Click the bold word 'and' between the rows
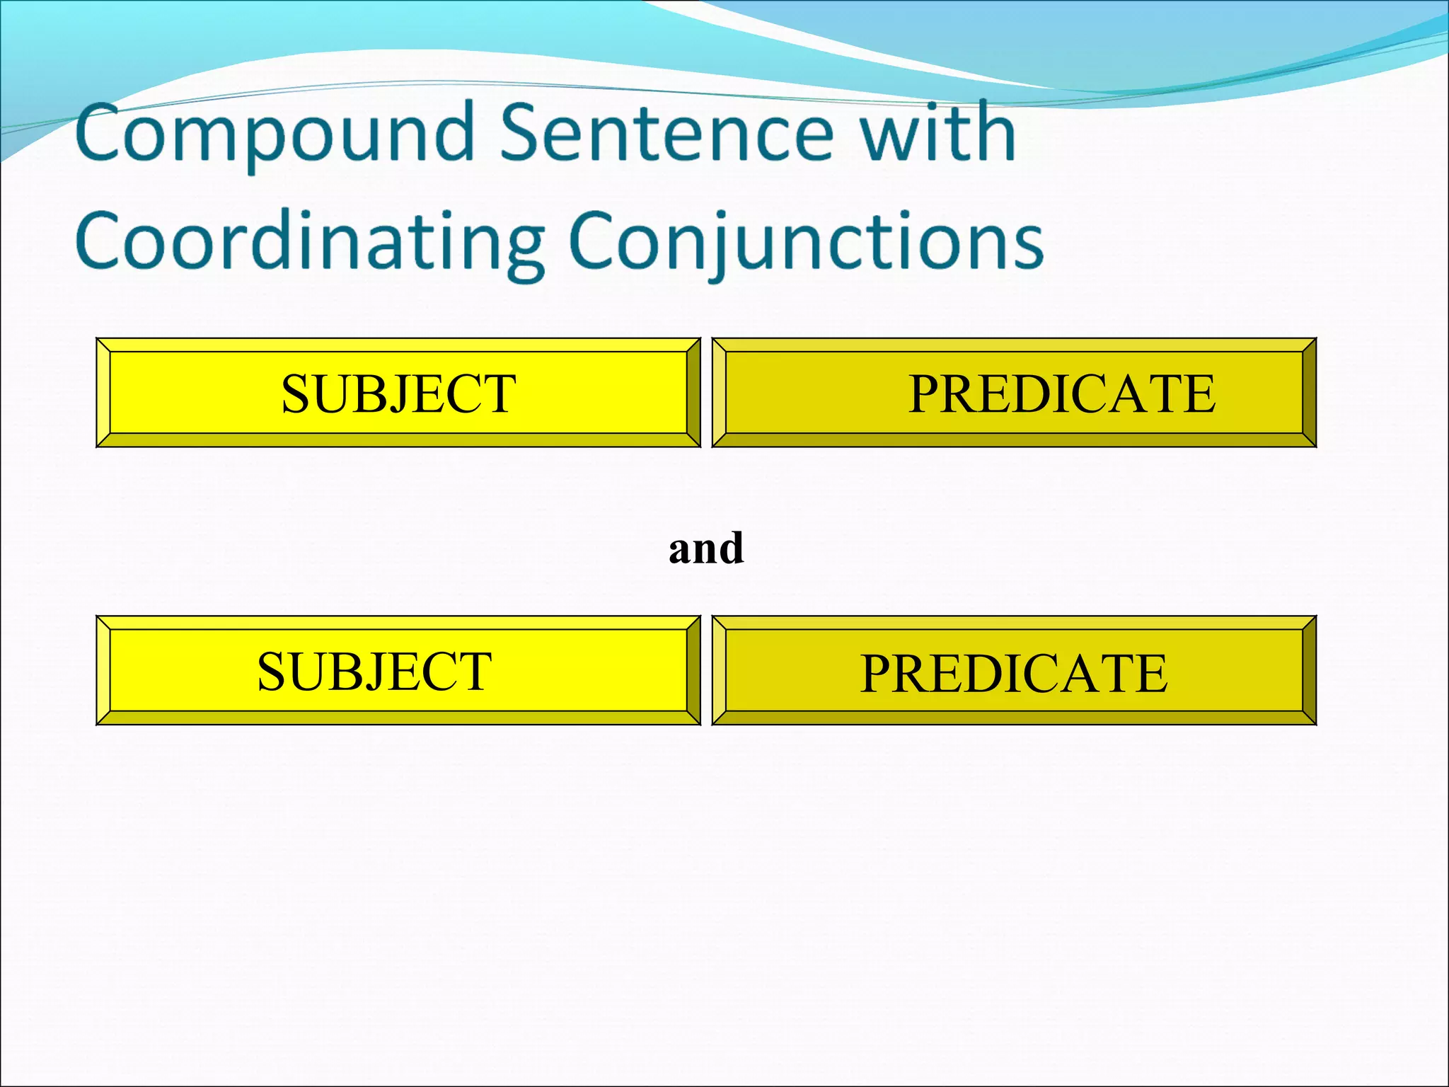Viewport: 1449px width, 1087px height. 706,548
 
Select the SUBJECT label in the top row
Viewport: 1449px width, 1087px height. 398,393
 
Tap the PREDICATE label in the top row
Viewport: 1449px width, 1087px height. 1061,393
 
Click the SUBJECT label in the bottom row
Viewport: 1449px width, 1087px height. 374,672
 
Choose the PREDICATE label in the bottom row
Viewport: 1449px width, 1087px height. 1013,672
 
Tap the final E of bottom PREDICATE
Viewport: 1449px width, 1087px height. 1150,672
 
